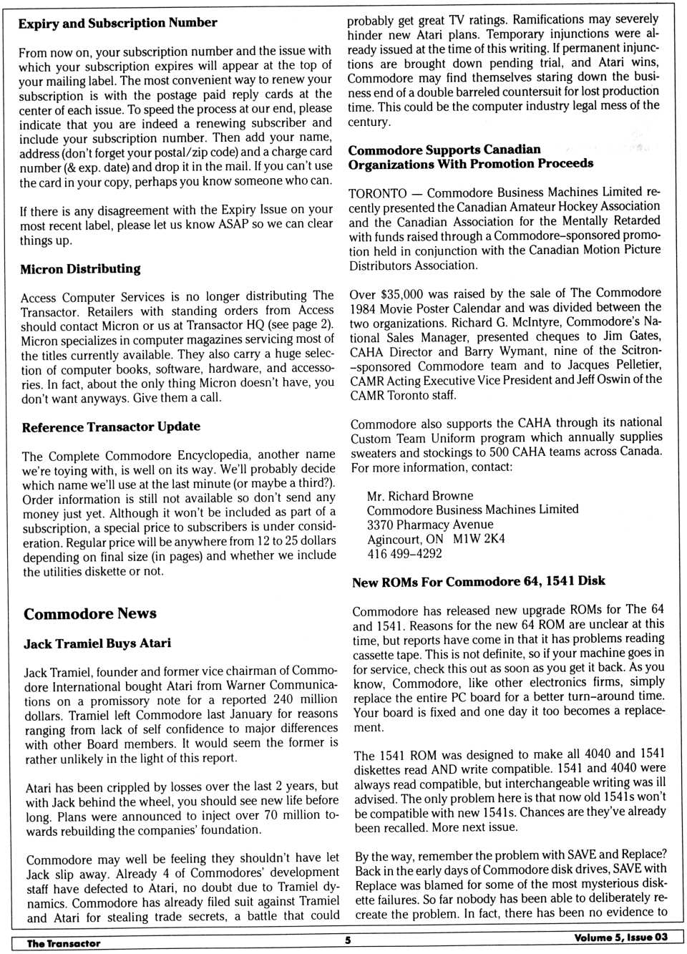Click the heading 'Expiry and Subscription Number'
pos(117,23)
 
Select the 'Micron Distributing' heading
pos(80,269)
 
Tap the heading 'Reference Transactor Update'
pos(111,427)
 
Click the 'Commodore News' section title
pos(90,613)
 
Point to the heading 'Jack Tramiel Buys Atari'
pos(97,643)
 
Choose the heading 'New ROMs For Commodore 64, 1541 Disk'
pos(478,581)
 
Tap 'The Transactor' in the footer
pos(64,943)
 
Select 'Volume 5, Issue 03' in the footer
pos(620,937)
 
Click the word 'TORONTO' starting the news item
pos(378,193)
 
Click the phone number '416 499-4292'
pos(404,553)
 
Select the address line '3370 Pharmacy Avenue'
pos(430,524)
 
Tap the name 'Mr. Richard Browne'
pos(420,495)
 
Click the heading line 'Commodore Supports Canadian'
pos(444,150)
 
